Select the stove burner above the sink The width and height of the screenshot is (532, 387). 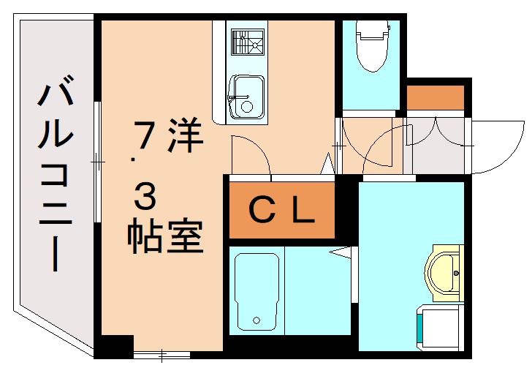247,42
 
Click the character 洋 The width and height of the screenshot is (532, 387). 184,135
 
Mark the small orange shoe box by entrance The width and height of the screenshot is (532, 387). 436,97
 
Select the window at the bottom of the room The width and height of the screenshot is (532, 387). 161,355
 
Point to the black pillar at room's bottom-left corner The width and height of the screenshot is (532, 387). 115,346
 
